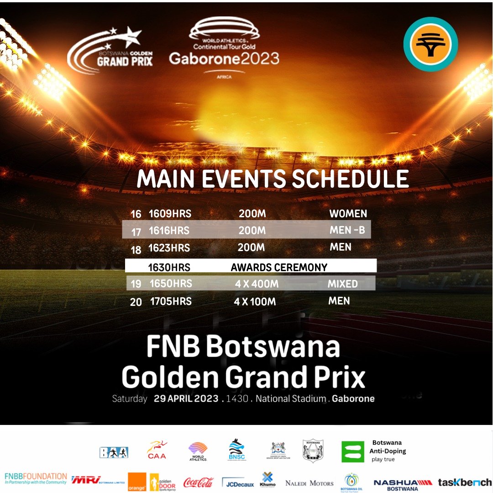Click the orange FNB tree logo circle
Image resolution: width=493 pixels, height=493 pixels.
[x=427, y=44]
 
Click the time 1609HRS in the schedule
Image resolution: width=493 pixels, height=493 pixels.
[x=170, y=214]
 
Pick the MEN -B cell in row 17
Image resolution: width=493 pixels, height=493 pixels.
[x=347, y=231]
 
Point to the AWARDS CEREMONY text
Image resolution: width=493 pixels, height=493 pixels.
[x=279, y=267]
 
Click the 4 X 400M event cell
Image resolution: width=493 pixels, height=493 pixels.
[x=257, y=284]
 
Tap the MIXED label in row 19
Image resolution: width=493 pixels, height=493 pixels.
[x=342, y=284]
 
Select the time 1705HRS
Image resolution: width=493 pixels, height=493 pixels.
[x=171, y=301]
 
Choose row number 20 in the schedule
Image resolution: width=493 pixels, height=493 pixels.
[x=136, y=302]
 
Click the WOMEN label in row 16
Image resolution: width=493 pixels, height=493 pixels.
[x=348, y=214]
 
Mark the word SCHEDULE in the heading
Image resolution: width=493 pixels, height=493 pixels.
[x=350, y=179]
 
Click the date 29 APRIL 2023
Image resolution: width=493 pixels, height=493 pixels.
[x=186, y=399]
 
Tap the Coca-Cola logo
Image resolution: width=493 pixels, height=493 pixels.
[x=199, y=482]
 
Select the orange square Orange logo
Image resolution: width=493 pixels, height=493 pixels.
[x=137, y=482]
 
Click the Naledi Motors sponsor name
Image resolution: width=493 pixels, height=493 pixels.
[x=309, y=483]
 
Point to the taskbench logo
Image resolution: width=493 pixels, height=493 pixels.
[x=465, y=482]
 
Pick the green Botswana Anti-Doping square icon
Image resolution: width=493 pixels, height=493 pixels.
[x=353, y=451]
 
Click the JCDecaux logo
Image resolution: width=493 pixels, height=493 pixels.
[x=237, y=483]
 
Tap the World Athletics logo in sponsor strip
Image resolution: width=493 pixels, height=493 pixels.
[x=197, y=451]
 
